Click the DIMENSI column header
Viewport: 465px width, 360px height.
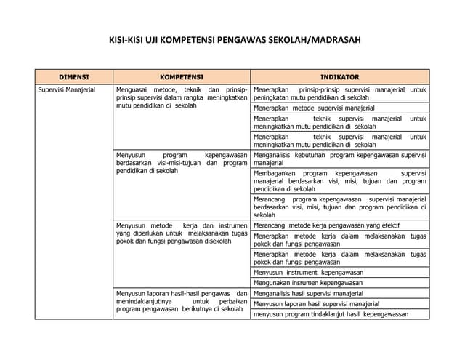tap(73, 76)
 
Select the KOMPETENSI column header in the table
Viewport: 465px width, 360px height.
tap(182, 76)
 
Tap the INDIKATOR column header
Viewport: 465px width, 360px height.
tap(340, 76)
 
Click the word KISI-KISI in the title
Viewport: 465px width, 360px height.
tap(132, 41)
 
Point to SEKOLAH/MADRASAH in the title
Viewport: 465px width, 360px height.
tap(319, 41)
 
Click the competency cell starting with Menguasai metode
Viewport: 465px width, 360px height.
tap(182, 97)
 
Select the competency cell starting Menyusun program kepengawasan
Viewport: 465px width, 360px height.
tap(182, 163)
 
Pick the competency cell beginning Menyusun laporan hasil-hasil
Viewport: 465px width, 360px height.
tap(182, 300)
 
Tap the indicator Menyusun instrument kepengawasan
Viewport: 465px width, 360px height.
tap(308, 271)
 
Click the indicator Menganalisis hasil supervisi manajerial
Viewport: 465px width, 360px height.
tap(308, 293)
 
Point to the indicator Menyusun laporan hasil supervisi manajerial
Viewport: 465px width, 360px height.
tap(317, 304)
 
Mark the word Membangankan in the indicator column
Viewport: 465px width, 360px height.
tap(275, 174)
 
